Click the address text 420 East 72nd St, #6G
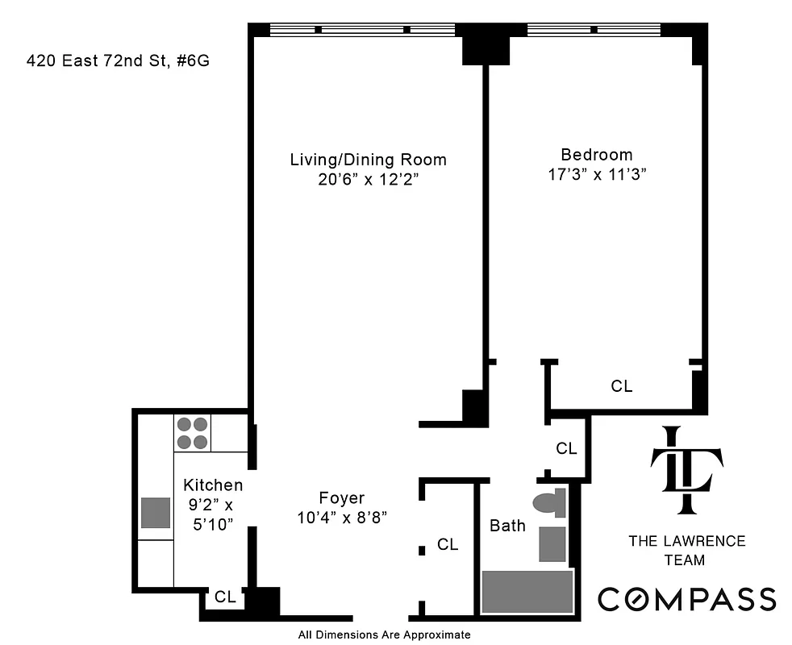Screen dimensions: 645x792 119,60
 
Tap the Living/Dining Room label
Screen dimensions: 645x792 368,159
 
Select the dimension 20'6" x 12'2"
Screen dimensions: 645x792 368,180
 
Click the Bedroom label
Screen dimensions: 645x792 597,154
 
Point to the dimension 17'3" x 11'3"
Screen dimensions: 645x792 597,175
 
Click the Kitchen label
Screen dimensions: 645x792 213,485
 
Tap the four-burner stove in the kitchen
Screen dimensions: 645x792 192,433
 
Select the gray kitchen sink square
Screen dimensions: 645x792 156,513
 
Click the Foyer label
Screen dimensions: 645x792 342,498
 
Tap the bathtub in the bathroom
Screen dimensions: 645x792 527,592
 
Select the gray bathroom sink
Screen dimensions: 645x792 552,543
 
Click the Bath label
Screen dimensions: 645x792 507,526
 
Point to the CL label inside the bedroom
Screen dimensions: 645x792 621,386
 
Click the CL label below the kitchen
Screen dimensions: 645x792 225,597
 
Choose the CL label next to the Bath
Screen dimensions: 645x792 448,545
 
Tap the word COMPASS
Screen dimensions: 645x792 686,599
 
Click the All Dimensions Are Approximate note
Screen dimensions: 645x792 384,635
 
